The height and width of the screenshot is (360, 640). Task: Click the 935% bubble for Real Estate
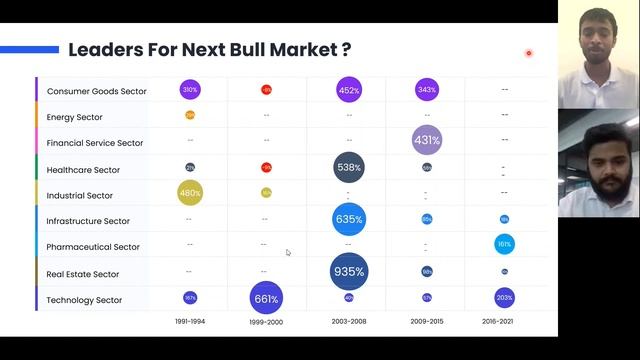(x=349, y=271)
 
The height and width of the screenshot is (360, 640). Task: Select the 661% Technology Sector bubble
(x=266, y=298)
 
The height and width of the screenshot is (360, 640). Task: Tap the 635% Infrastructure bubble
(x=349, y=219)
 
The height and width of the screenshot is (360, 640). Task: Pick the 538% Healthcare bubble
(x=349, y=168)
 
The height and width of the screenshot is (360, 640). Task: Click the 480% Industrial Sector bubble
(x=190, y=193)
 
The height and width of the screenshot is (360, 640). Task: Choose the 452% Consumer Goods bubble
(x=349, y=90)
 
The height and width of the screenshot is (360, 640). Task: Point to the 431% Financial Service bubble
(x=427, y=140)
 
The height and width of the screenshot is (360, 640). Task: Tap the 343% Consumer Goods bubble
(x=427, y=90)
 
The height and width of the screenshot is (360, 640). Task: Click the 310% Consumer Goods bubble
(x=190, y=90)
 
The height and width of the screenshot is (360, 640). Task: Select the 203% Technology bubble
(x=505, y=298)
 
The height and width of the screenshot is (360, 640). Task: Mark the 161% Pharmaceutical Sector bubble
(x=505, y=244)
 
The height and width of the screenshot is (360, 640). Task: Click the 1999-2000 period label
(x=266, y=322)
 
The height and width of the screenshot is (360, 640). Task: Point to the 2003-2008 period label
(x=349, y=322)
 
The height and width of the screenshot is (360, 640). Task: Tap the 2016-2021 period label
(x=505, y=322)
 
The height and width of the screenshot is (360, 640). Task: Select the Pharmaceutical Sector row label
(x=93, y=247)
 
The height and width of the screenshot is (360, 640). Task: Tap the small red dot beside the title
(x=529, y=53)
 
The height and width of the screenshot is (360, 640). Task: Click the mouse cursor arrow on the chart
(x=288, y=252)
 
